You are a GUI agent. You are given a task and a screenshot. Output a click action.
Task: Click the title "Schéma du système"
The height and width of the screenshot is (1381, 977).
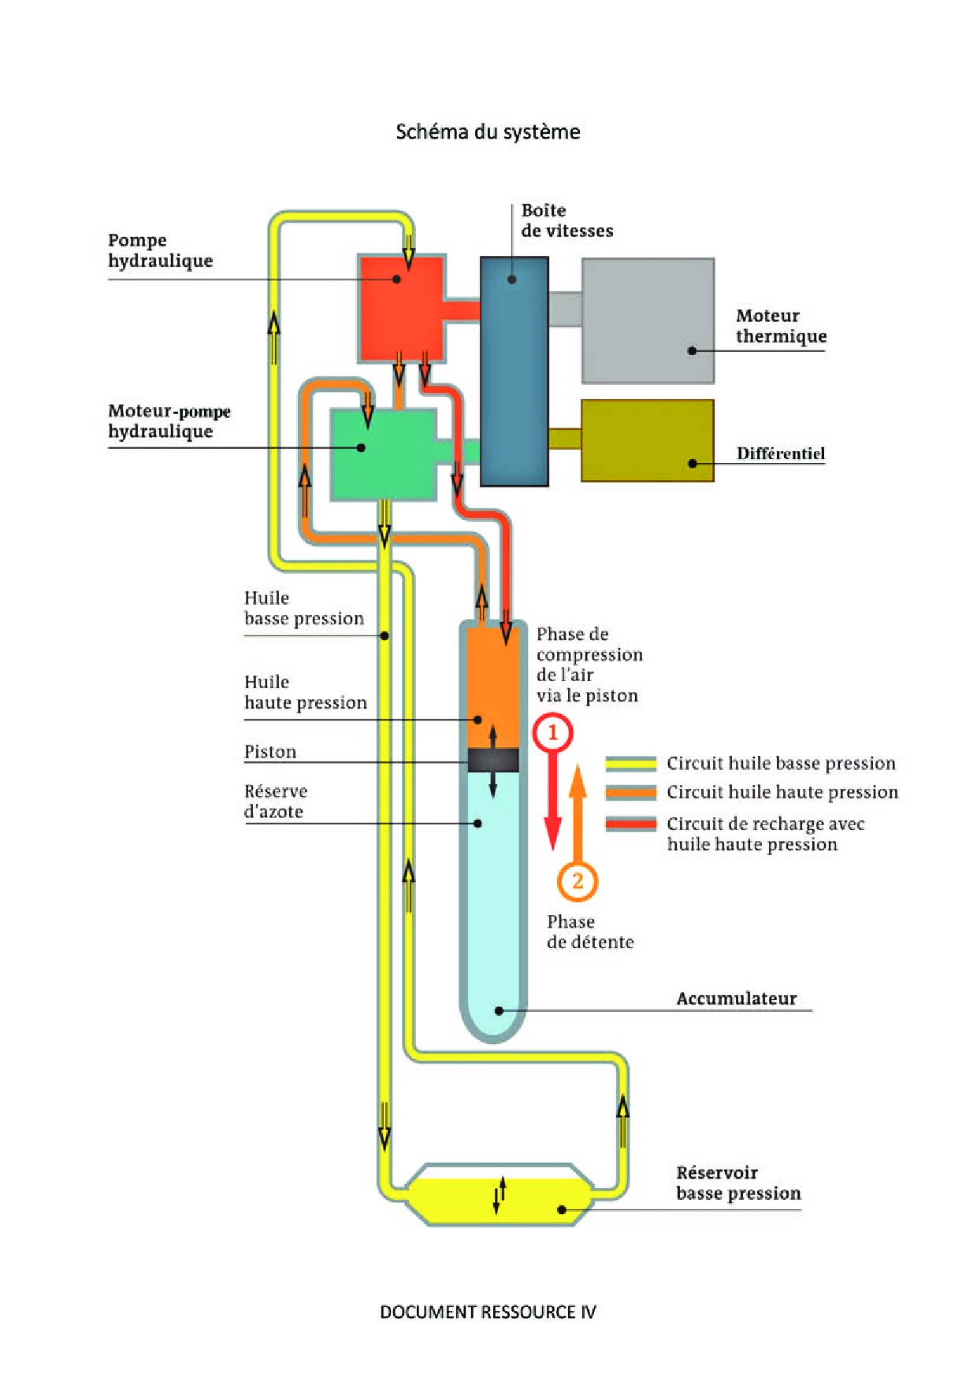(488, 131)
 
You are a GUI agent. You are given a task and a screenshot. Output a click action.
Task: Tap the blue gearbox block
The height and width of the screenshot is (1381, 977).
(514, 371)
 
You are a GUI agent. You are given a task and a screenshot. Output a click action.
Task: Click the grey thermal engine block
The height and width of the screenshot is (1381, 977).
(648, 320)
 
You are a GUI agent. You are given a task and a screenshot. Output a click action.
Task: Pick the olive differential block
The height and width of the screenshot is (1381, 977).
(647, 440)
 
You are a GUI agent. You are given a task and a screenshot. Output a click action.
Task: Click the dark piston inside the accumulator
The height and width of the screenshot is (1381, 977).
(493, 760)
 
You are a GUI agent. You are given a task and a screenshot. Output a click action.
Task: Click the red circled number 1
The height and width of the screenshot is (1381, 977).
(552, 733)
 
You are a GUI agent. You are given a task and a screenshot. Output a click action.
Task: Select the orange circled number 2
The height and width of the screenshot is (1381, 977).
(578, 881)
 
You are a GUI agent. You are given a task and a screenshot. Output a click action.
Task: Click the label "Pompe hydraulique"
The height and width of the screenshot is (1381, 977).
(161, 250)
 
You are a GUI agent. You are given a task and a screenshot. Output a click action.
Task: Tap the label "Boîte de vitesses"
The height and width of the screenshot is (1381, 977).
(567, 220)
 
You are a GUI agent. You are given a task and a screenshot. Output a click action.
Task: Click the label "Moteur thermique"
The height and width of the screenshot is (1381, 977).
(781, 326)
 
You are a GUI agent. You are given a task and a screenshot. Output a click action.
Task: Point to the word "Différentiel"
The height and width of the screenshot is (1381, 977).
(780, 454)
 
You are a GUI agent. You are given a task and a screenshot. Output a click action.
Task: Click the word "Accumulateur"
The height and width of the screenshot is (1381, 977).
(737, 998)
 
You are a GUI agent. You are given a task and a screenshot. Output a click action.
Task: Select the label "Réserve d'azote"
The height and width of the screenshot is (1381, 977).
(275, 802)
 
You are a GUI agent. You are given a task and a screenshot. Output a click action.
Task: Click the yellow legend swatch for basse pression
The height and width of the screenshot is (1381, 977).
(630, 763)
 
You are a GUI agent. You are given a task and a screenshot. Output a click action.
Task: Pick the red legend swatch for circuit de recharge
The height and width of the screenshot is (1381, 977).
(630, 824)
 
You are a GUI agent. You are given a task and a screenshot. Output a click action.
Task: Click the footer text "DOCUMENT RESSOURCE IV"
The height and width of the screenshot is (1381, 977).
(488, 1312)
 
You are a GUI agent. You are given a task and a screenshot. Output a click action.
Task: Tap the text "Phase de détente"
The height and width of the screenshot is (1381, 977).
(589, 932)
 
